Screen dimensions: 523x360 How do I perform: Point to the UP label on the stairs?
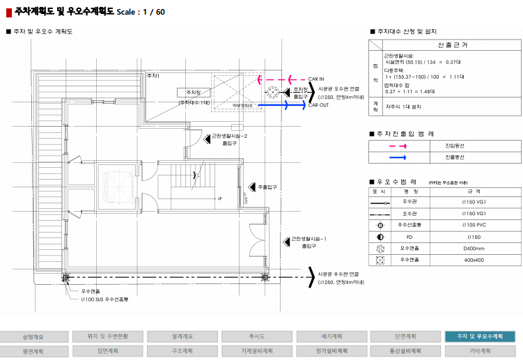coord(220,198)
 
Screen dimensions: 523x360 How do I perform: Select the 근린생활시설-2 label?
coord(230,136)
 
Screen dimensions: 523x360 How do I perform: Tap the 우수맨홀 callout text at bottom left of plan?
coord(91,290)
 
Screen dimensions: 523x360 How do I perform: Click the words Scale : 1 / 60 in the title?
coord(141,12)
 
